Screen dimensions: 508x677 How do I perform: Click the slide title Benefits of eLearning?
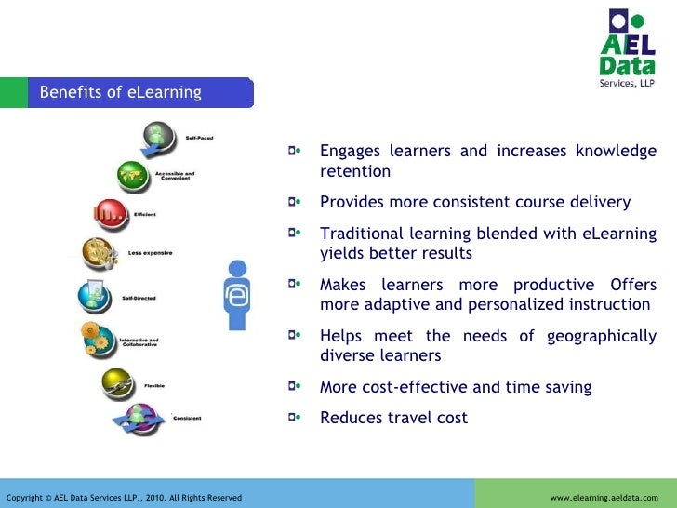[120, 92]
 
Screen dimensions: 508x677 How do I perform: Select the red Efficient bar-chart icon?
[110, 214]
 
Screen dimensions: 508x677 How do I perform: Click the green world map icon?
[133, 175]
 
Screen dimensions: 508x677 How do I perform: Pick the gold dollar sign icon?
[98, 252]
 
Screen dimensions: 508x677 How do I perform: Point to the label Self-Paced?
[199, 138]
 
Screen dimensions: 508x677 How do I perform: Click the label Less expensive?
[150, 253]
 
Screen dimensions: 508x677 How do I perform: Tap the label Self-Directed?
[139, 298]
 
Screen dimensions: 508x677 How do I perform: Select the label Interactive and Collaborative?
[139, 342]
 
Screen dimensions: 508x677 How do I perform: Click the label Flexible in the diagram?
[154, 384]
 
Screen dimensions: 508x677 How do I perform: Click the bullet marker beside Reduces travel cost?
[295, 418]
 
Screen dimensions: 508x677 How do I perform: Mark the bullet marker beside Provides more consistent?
[295, 202]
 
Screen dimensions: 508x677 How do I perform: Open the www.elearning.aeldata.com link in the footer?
[604, 498]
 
